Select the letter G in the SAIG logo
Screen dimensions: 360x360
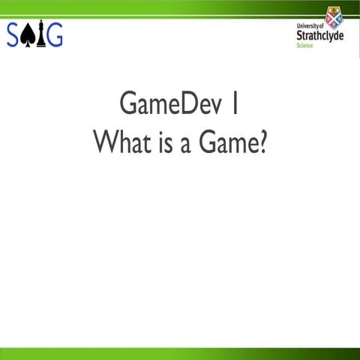(x=54, y=34)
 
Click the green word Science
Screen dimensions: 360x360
(x=305, y=46)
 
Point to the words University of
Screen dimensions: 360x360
(x=309, y=25)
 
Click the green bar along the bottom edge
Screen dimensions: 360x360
(x=180, y=354)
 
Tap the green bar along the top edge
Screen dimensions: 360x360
(x=180, y=7)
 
